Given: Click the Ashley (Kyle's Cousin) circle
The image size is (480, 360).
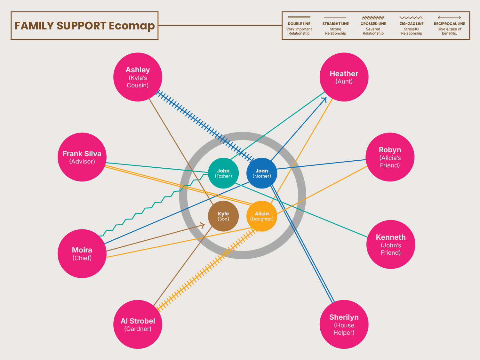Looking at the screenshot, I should (x=138, y=77).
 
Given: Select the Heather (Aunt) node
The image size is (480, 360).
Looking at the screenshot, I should (x=344, y=77).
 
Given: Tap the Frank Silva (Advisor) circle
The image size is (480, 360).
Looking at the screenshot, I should (x=82, y=157).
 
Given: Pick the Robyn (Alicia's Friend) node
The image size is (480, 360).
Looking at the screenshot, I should (x=390, y=157).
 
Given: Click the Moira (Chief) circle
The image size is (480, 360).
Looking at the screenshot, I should (x=82, y=253).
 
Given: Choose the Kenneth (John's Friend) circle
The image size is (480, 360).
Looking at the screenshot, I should (x=390, y=244).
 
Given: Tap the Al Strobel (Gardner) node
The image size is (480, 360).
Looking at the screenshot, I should (x=138, y=324).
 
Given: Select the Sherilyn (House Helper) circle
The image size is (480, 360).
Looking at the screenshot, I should (x=344, y=324).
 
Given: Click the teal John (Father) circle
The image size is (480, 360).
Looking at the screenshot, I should (x=223, y=173).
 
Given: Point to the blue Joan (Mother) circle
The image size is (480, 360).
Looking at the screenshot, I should (x=262, y=173).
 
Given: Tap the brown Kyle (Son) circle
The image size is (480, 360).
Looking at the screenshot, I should (x=223, y=216).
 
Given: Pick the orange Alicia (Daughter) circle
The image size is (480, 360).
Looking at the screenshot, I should (x=262, y=216).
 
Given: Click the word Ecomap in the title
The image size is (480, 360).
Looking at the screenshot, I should (x=132, y=26).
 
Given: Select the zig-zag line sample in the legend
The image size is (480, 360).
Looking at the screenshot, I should (x=411, y=18).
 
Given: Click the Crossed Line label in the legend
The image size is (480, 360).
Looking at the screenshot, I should (x=373, y=24).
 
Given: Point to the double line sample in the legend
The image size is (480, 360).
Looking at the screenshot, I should (x=299, y=17).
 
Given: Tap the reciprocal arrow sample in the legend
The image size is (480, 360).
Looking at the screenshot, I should (x=449, y=18).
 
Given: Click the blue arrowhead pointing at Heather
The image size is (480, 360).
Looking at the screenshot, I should (x=325, y=99).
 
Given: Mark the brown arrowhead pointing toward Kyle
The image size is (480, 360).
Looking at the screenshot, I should (x=203, y=225).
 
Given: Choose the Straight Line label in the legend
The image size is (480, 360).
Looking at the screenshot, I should (x=335, y=24).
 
